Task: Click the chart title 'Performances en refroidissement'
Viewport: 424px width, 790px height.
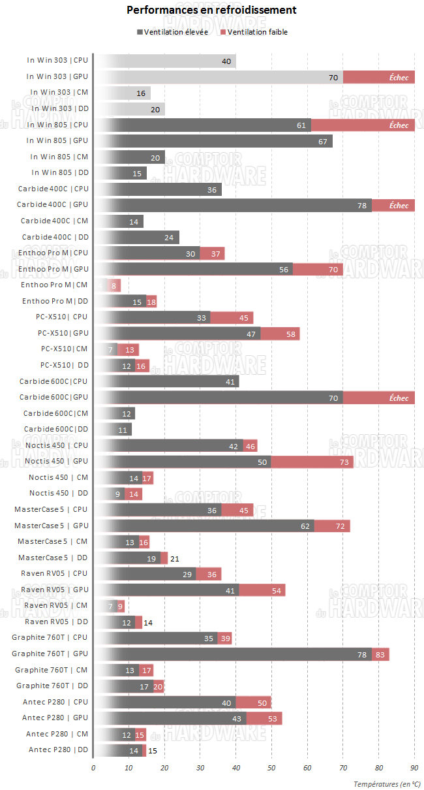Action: tap(211, 10)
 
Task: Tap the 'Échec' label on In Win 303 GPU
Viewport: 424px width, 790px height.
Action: tap(399, 77)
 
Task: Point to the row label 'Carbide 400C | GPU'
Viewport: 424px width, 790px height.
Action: tap(53, 205)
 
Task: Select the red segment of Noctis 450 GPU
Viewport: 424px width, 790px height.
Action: tap(312, 462)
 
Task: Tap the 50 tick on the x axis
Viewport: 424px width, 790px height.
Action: tap(271, 767)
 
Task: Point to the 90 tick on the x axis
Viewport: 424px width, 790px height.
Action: tap(414, 767)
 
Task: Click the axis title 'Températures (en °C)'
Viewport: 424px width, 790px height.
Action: tap(387, 783)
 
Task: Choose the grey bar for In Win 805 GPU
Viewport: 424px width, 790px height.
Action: tap(213, 141)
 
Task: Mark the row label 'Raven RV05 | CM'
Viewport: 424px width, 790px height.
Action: tap(55, 606)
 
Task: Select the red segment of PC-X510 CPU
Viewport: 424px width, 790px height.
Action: tap(232, 318)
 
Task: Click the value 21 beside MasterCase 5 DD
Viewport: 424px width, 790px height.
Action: tap(174, 558)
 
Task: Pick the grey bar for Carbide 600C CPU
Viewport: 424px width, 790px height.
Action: tap(166, 382)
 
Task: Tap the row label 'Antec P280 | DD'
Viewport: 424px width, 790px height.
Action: tap(58, 750)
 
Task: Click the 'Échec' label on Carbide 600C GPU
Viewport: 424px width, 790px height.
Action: tap(399, 398)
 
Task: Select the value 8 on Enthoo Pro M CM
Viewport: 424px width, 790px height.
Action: tap(114, 285)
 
